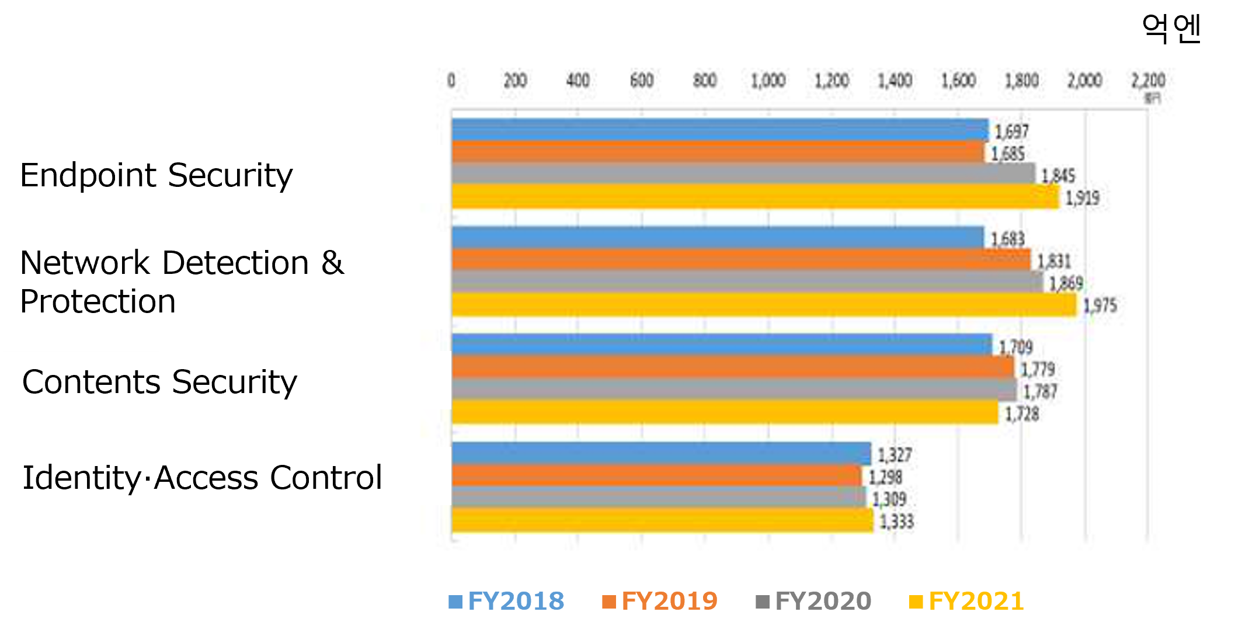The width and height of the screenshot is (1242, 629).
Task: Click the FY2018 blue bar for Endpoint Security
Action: click(x=719, y=130)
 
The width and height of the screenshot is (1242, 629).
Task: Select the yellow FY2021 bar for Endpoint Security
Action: click(x=754, y=196)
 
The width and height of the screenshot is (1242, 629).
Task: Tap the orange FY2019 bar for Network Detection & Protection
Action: click(x=740, y=260)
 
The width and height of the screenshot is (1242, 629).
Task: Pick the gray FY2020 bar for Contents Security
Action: click(x=733, y=390)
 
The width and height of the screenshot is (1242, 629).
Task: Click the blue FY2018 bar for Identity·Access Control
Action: click(x=660, y=454)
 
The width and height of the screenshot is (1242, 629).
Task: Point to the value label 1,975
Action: click(x=1100, y=305)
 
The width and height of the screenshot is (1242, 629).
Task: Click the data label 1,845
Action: click(x=1058, y=175)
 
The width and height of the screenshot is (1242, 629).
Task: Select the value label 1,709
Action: click(x=1015, y=347)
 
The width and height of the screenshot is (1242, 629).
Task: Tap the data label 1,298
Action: click(x=885, y=477)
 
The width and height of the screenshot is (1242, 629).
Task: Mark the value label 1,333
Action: click(x=896, y=522)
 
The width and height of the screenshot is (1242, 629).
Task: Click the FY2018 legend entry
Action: click(x=506, y=601)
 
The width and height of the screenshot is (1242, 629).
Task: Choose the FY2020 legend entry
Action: click(x=813, y=601)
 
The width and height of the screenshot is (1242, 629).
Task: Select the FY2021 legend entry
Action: click(x=967, y=601)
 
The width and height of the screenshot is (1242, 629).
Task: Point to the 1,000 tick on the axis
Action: click(x=768, y=80)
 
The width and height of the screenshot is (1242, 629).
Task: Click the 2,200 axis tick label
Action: click(x=1148, y=80)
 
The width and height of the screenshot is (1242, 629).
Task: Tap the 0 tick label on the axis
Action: click(x=451, y=80)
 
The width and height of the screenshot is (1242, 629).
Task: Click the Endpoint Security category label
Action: click(x=156, y=175)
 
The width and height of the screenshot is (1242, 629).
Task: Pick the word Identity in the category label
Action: click(x=81, y=478)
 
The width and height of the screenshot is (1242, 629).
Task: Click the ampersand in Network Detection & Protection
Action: click(x=332, y=262)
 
